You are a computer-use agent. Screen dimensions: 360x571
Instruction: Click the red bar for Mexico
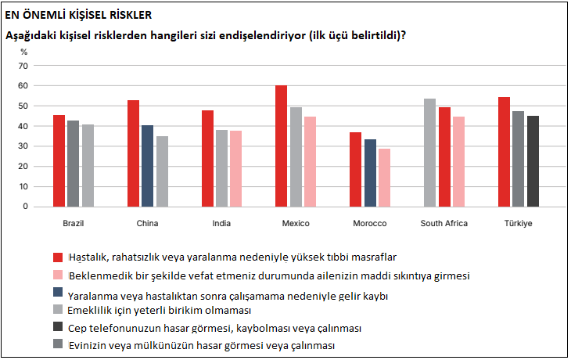click(281, 146)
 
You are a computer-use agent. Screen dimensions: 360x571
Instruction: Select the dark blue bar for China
click(147, 166)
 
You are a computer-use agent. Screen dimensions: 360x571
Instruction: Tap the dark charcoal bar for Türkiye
click(533, 161)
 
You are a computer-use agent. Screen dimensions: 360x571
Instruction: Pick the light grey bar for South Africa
click(429, 153)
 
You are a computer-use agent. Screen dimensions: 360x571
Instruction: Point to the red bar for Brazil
click(59, 160)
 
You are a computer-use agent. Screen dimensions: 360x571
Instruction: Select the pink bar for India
click(235, 168)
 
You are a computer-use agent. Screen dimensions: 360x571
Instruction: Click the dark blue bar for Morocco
click(369, 173)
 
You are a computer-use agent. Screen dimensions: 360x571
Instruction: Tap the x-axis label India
click(221, 224)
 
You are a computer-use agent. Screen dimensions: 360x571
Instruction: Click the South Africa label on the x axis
click(444, 224)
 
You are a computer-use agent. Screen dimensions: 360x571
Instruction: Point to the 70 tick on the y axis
click(24, 65)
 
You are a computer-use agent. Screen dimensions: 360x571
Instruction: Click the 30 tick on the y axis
click(24, 146)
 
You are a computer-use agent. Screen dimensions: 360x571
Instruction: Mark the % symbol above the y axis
click(23, 52)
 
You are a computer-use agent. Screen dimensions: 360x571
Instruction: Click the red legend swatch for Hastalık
click(57, 257)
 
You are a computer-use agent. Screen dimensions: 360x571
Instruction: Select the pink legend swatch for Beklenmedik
click(57, 276)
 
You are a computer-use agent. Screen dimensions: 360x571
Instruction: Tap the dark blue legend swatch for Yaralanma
click(57, 296)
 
